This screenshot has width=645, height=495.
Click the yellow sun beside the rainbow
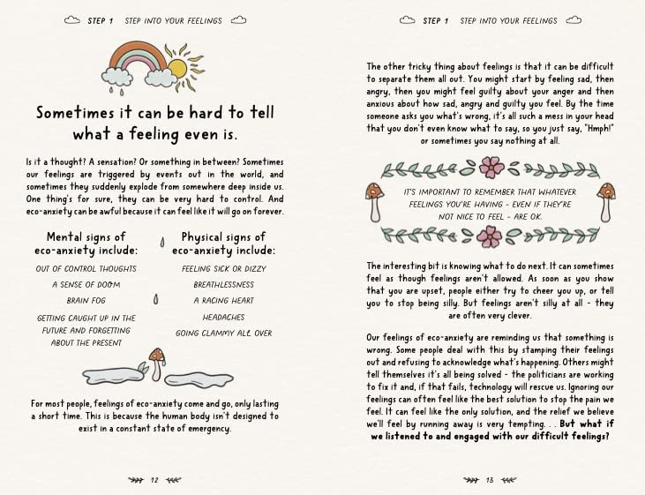[178, 69]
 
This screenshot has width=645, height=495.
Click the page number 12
[154, 480]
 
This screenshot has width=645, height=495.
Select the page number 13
[490, 480]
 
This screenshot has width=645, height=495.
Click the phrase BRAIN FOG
[86, 301]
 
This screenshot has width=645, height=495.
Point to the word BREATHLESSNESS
[224, 285]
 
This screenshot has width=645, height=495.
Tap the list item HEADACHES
[224, 318]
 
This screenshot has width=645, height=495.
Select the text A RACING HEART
[224, 301]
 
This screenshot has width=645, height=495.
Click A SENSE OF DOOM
[86, 285]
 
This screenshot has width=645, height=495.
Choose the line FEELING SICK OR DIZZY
[224, 269]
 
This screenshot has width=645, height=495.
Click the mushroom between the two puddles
[157, 364]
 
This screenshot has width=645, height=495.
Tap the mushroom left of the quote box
[375, 202]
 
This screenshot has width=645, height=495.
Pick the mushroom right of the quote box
[606, 202]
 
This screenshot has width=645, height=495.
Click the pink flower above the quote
[491, 167]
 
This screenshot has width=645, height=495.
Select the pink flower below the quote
[490, 237]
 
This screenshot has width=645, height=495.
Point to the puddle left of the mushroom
[114, 375]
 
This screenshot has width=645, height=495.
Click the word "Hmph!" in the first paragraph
[600, 129]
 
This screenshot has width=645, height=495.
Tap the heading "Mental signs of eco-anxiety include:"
[86, 244]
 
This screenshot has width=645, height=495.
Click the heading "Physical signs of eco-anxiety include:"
[224, 244]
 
